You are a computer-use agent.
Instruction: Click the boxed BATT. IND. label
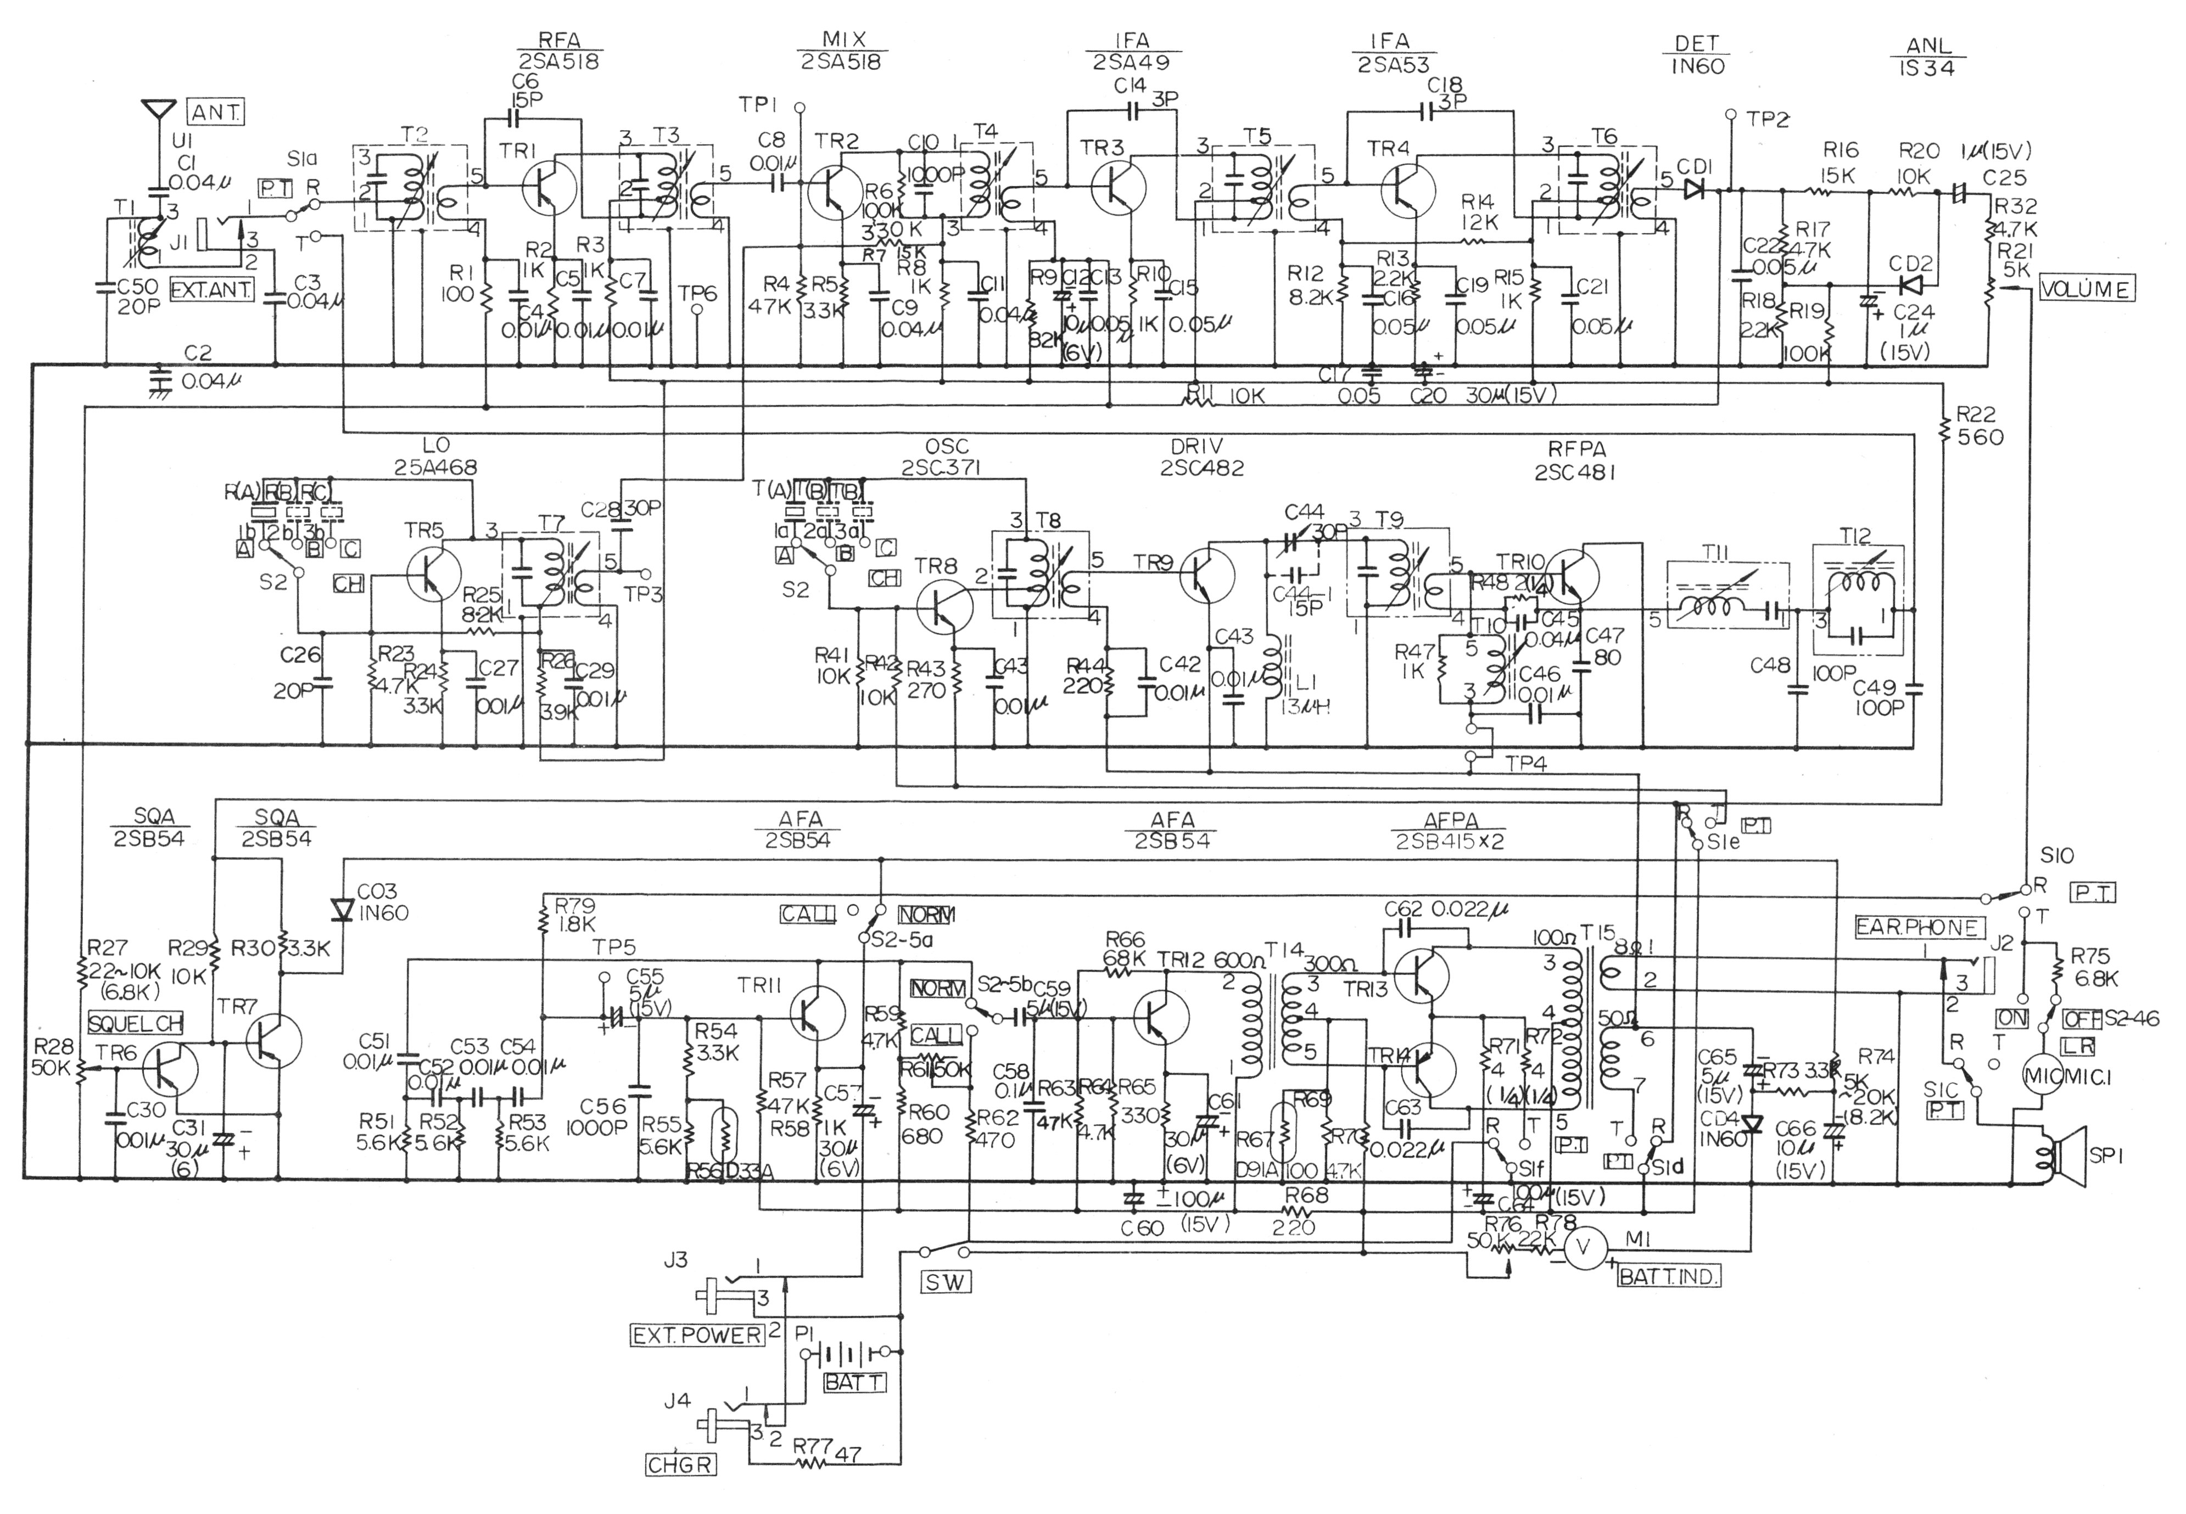pyautogui.click(x=1668, y=1277)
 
